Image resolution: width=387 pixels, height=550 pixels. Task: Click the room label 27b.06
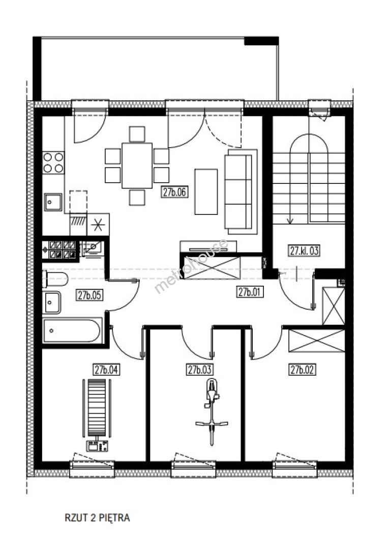coord(175,192)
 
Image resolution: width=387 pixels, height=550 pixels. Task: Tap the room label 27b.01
coord(250,292)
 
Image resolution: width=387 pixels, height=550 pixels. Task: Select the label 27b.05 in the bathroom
coord(90,295)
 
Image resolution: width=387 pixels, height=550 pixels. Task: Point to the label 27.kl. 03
coord(304,251)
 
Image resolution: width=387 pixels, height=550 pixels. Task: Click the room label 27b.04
coord(106,370)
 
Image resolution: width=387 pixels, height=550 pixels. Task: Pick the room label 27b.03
coord(200,370)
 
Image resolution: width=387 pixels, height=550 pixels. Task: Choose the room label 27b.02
coord(302,370)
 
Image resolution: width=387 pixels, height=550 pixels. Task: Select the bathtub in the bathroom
coord(73,331)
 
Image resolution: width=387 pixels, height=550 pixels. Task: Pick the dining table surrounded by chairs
coord(137,166)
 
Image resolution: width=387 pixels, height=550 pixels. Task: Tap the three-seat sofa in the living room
coord(239,191)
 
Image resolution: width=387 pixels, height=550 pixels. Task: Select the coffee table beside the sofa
coord(206,191)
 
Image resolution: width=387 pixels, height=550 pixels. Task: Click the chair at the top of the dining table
coord(137,134)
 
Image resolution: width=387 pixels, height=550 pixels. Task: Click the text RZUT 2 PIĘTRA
coord(97,518)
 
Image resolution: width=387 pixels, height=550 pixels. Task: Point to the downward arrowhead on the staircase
coord(290,221)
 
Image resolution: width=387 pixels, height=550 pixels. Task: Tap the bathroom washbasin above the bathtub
coord(51,302)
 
